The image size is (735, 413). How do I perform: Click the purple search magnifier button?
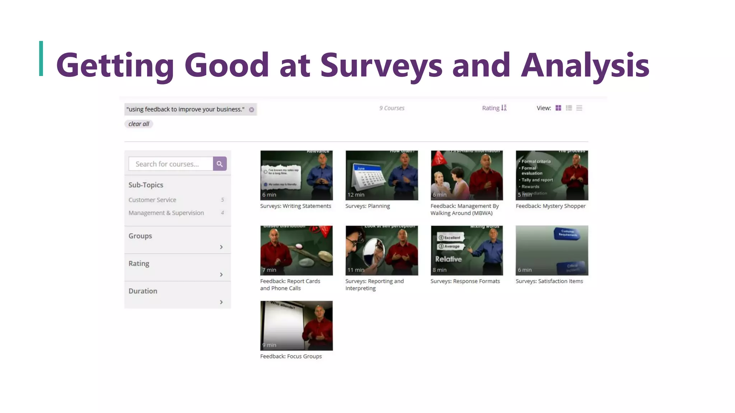(x=220, y=164)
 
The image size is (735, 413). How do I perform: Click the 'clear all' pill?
(x=139, y=124)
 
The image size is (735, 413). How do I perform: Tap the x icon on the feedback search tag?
(x=252, y=110)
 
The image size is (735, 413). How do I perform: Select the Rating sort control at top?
(x=494, y=108)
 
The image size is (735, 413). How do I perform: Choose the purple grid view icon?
(x=558, y=108)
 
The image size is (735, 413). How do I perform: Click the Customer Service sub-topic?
(x=152, y=200)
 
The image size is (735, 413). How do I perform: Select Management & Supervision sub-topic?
(x=166, y=213)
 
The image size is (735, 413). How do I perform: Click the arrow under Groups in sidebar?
(x=221, y=247)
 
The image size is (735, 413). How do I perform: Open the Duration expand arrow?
(x=221, y=302)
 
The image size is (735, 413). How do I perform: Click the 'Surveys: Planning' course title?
(x=367, y=206)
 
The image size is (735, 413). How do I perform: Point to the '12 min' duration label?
(x=356, y=195)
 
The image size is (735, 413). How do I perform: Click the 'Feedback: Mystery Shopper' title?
(x=551, y=206)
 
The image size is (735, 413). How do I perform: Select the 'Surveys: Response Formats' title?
(x=465, y=281)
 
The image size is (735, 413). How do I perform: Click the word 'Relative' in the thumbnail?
(x=448, y=259)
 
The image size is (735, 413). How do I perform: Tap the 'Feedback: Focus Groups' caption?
(x=291, y=356)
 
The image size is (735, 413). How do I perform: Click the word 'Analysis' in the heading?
(x=585, y=65)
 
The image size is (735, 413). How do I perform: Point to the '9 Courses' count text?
(x=392, y=108)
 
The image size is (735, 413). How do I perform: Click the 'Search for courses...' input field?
(x=171, y=164)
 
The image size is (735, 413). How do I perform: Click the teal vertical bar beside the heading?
(x=41, y=58)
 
